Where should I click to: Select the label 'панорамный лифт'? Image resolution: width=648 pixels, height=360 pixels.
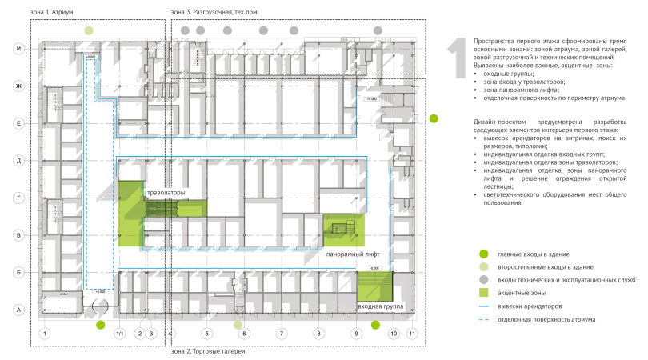click(357, 254)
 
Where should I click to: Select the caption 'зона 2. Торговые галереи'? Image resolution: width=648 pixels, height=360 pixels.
click(208, 351)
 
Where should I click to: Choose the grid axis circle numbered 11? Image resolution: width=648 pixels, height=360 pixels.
click(412, 333)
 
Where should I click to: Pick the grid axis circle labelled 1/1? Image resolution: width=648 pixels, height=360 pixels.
click(119, 333)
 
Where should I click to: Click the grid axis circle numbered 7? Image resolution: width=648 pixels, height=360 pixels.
click(281, 333)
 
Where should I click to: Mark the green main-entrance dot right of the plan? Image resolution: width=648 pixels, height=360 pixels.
click(434, 118)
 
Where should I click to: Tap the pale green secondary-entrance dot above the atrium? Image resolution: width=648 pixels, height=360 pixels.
click(89, 30)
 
